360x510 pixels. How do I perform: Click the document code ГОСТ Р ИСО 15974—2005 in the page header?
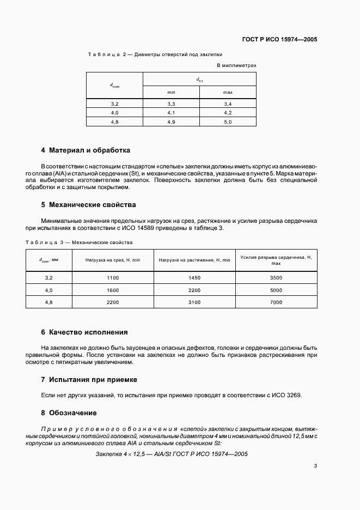280,40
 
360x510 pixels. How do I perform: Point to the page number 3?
315,465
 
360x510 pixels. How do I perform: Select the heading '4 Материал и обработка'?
86,150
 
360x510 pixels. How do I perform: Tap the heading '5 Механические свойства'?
88,205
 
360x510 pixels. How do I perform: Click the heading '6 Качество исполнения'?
84,332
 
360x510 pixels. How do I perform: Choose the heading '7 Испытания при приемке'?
89,379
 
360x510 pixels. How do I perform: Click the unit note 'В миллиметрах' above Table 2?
236,65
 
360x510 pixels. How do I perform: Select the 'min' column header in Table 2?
171,92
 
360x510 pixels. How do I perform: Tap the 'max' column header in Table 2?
228,92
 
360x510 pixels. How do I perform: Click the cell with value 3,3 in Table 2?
171,104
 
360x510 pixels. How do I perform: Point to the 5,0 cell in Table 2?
228,122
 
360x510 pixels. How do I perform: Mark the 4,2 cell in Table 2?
228,113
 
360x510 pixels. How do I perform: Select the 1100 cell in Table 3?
113,278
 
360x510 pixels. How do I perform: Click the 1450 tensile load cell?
194,278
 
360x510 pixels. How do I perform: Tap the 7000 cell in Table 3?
276,302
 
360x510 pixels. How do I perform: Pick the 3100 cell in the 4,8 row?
194,302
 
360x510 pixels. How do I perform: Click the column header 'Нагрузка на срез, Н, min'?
113,260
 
